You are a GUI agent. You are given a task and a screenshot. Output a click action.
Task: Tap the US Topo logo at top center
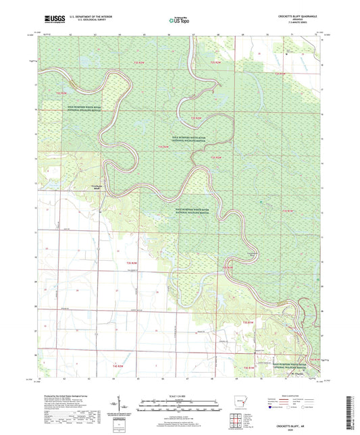[x=177, y=21]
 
